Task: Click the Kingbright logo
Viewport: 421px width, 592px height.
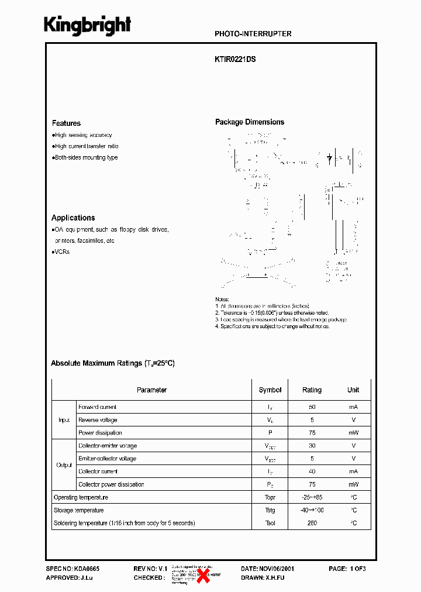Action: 88,26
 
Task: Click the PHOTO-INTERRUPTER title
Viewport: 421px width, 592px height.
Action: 253,34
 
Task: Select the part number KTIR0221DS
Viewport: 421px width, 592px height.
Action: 235,59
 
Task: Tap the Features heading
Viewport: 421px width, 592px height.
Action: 66,123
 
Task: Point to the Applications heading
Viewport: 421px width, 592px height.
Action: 73,218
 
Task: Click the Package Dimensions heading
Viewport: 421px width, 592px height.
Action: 250,122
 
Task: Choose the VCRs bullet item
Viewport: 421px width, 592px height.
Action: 61,252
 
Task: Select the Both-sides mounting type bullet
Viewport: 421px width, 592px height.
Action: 85,157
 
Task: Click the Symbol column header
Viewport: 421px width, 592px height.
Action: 270,390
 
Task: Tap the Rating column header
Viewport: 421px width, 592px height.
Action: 312,390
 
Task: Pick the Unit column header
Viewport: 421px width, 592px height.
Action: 353,390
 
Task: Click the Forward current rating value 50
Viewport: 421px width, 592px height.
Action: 312,407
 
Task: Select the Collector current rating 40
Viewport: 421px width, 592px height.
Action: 312,471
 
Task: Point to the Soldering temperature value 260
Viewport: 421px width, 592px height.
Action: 312,523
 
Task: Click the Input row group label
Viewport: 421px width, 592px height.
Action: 64,420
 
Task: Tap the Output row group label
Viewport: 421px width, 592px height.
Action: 64,465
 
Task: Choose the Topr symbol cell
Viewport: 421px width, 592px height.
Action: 270,497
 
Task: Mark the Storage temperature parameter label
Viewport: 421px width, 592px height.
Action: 79,510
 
